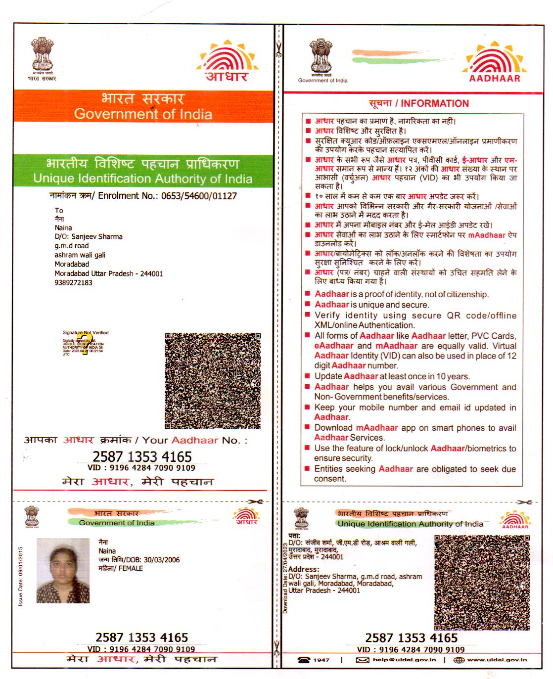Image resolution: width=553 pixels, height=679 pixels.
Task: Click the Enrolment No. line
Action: [143, 196]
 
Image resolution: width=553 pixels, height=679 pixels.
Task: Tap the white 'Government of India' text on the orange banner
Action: [143, 114]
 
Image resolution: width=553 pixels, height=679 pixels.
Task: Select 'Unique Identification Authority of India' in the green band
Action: [143, 179]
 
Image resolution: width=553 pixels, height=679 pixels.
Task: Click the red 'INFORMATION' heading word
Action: [435, 103]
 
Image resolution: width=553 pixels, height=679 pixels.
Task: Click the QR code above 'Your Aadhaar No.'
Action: [212, 381]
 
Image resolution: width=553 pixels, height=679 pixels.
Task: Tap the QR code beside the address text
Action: [482, 583]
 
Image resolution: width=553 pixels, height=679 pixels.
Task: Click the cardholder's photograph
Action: [63, 570]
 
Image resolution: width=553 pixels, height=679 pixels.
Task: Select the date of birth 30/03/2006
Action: [162, 560]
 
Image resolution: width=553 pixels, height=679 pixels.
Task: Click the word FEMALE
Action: [131, 569]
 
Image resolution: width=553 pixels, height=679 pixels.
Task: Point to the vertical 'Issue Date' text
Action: [21, 576]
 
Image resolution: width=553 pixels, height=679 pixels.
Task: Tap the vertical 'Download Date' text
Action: [285, 578]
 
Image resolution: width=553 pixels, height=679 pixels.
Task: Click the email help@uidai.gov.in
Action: [404, 660]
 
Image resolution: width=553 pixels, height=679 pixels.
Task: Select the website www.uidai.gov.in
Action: [497, 660]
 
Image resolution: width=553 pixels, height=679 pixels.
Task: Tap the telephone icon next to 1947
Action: [303, 660]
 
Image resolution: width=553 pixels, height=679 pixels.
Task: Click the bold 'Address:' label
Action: [304, 569]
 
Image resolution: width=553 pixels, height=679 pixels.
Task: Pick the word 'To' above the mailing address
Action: [59, 210]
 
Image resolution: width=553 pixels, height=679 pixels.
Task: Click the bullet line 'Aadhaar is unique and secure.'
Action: [371, 305]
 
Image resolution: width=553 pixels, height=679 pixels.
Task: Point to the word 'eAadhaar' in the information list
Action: [334, 346]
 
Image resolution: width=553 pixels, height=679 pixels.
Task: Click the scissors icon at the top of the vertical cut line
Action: [278, 49]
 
